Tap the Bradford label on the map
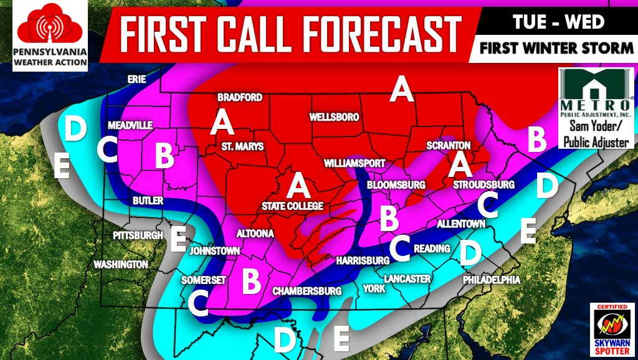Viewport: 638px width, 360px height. (x=239, y=98)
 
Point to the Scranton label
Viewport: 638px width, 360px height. (x=447, y=145)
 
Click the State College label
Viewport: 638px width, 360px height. (x=292, y=206)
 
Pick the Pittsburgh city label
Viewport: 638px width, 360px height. (x=138, y=236)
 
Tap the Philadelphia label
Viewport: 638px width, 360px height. (x=491, y=280)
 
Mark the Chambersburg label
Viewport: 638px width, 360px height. (x=308, y=291)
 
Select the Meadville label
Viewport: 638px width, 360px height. (x=130, y=125)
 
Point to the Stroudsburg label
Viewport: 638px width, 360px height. (x=483, y=185)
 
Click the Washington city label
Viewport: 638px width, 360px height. (x=121, y=265)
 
